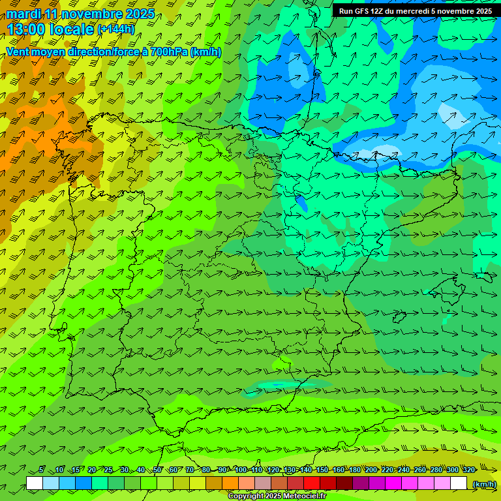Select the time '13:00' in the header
(x=26, y=29)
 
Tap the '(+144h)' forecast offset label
(x=116, y=29)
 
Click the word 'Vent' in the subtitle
(x=19, y=52)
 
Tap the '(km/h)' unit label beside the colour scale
(x=483, y=484)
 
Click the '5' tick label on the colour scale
(x=42, y=470)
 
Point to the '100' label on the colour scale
(x=241, y=470)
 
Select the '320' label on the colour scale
(x=469, y=470)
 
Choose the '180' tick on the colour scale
(x=355, y=470)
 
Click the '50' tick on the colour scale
(x=157, y=470)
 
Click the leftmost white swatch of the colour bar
(x=35, y=483)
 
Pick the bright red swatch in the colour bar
(x=312, y=483)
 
